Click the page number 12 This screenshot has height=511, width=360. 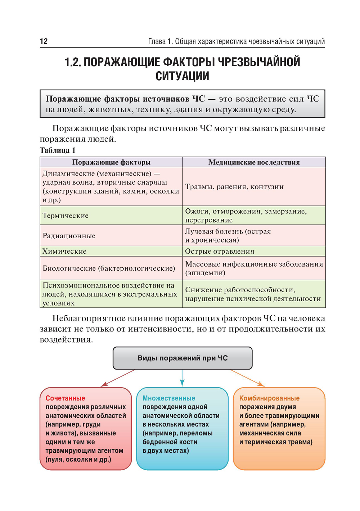(x=44, y=41)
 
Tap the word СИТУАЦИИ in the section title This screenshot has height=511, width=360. (x=182, y=76)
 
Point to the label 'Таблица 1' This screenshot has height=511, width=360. (x=58, y=150)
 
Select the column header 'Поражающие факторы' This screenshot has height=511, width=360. (x=111, y=162)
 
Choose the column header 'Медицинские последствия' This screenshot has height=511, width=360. (x=254, y=162)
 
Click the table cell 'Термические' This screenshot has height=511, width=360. (x=66, y=216)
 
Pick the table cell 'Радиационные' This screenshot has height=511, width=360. (x=69, y=236)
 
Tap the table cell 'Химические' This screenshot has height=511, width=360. (x=64, y=251)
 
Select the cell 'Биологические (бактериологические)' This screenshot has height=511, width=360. (x=109, y=268)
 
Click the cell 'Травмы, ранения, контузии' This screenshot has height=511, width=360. (x=234, y=187)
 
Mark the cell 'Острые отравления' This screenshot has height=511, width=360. (x=220, y=251)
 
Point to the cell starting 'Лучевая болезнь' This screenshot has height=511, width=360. (x=228, y=236)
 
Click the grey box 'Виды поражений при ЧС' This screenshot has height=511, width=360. (x=183, y=358)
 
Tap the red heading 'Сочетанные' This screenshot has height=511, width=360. (x=65, y=398)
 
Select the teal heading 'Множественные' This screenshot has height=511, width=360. (x=169, y=398)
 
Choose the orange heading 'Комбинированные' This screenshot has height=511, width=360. (x=269, y=398)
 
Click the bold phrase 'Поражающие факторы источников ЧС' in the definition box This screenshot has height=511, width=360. (x=125, y=99)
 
